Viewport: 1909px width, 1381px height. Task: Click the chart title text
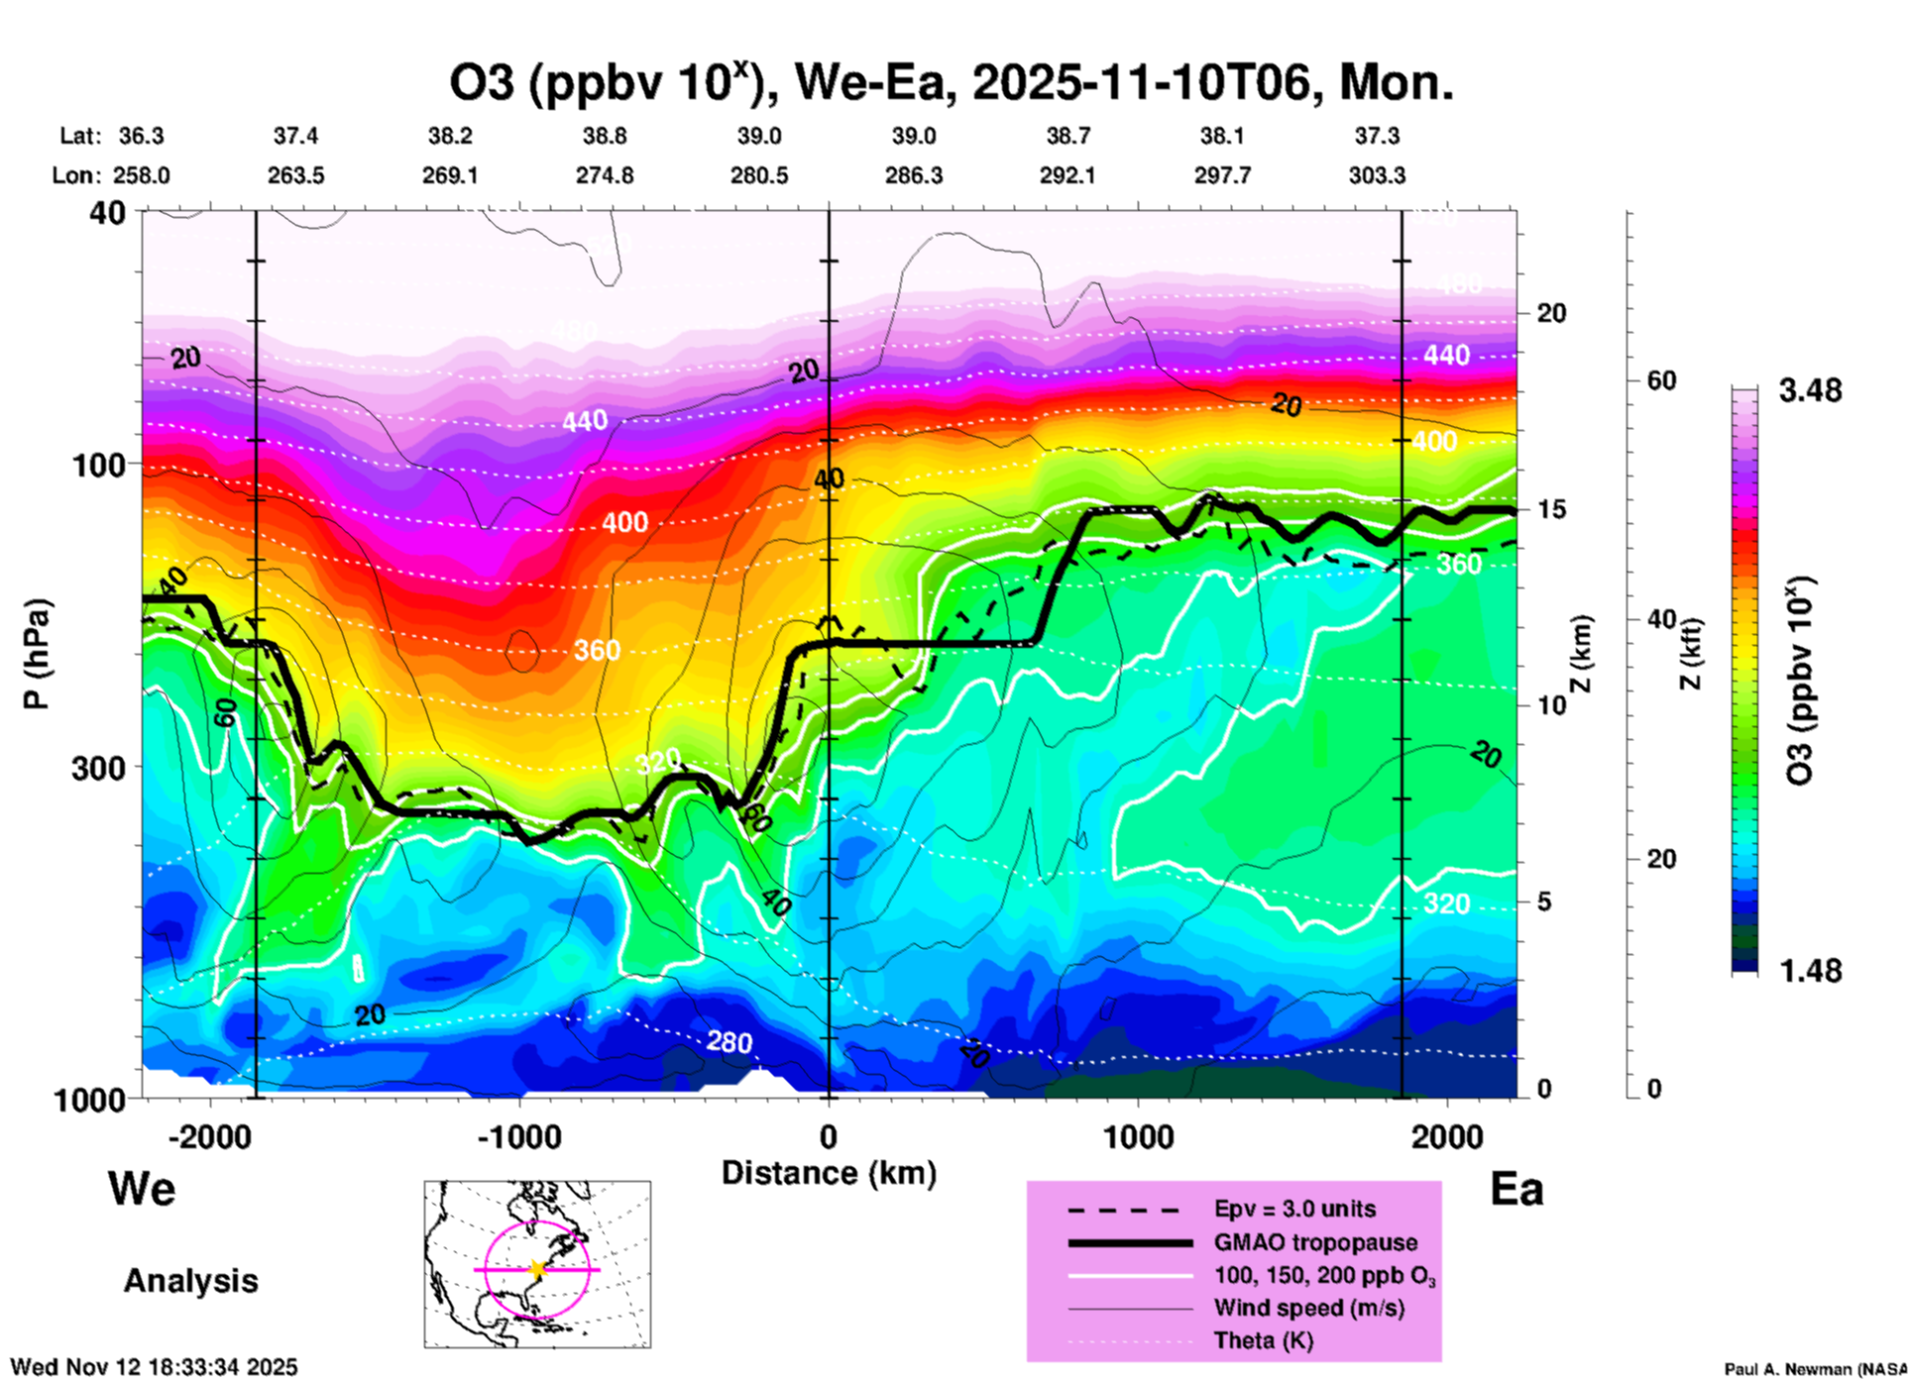[952, 83]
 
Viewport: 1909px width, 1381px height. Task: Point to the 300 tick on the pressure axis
[98, 768]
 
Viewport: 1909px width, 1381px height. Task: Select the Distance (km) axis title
[829, 1173]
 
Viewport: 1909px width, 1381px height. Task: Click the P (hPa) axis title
[37, 654]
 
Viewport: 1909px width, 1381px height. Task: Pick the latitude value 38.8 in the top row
[604, 136]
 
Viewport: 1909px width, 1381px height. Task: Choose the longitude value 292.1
[1067, 175]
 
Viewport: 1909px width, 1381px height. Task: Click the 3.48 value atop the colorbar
[1810, 391]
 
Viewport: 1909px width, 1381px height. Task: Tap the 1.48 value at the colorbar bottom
[1810, 971]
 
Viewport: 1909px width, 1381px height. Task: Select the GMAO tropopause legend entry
[1315, 1242]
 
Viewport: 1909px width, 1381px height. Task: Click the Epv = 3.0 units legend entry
[1294, 1210]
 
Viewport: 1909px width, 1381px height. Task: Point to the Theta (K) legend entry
[1263, 1341]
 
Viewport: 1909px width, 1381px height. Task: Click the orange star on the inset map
[537, 1269]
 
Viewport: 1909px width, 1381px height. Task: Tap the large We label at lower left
[142, 1189]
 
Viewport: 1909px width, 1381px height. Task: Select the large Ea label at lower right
[1516, 1189]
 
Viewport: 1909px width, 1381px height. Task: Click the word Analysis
[190, 1281]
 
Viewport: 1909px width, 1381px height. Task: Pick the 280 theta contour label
[729, 1042]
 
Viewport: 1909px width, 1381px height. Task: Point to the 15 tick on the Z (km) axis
[1551, 509]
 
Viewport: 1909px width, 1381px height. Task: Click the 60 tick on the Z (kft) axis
[1662, 381]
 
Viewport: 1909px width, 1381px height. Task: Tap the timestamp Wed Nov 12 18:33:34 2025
[154, 1367]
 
